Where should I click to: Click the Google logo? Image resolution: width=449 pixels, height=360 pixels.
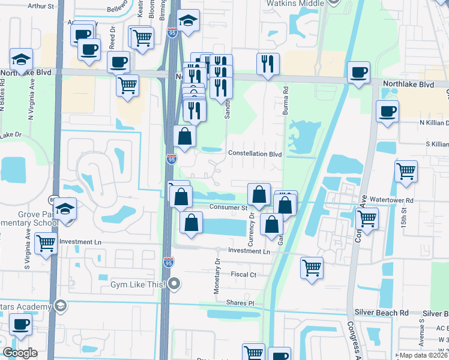click(20, 353)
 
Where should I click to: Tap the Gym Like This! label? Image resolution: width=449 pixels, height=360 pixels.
click(137, 283)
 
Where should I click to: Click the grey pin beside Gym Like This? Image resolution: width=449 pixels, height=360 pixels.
click(175, 283)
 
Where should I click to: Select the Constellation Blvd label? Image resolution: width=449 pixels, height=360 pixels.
click(255, 153)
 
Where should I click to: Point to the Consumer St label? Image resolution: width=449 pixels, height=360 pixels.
click(228, 208)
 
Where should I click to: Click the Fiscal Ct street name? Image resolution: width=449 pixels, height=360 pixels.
click(244, 274)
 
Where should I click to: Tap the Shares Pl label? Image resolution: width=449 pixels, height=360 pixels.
click(240, 303)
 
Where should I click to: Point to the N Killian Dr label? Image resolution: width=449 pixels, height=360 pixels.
click(424, 122)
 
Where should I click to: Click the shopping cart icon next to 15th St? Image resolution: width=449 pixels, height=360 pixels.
click(406, 171)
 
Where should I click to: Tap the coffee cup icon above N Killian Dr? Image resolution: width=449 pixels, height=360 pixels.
click(387, 111)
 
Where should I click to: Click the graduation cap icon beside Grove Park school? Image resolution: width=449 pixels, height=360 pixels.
click(65, 209)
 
